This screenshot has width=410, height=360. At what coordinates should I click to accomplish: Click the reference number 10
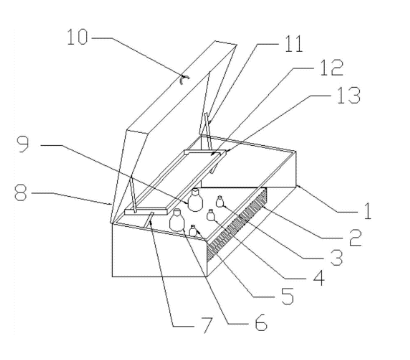[x=77, y=37]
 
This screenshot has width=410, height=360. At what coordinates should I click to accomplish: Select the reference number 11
[x=293, y=44]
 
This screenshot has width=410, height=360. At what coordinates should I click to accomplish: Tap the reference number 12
[x=331, y=68]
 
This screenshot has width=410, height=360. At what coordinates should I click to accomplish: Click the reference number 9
[x=23, y=145]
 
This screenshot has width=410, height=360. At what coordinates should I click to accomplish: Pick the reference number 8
[x=20, y=193]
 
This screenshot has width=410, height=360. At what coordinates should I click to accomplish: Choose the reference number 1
[x=367, y=211]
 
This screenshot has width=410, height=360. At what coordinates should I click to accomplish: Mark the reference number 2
[x=355, y=238]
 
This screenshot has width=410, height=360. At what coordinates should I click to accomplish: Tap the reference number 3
[x=336, y=258]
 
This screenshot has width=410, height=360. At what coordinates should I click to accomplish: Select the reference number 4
[x=318, y=278]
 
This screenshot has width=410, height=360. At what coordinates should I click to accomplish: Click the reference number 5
[x=288, y=296]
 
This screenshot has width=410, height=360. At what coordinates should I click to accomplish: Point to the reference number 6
[x=261, y=322]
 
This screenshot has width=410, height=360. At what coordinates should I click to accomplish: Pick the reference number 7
[x=207, y=325]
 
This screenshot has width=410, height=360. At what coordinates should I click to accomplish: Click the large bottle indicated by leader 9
[x=195, y=199]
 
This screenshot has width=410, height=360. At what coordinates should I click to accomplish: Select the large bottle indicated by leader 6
[x=177, y=220]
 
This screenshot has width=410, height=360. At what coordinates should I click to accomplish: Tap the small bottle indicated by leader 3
[x=220, y=201]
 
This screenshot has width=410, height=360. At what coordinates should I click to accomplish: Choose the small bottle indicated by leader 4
[x=210, y=215]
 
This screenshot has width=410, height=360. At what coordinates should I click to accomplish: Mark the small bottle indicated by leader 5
[x=193, y=231]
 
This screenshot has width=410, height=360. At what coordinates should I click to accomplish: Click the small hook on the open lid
[x=183, y=79]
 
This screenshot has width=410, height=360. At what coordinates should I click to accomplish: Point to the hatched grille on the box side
[x=237, y=222]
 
